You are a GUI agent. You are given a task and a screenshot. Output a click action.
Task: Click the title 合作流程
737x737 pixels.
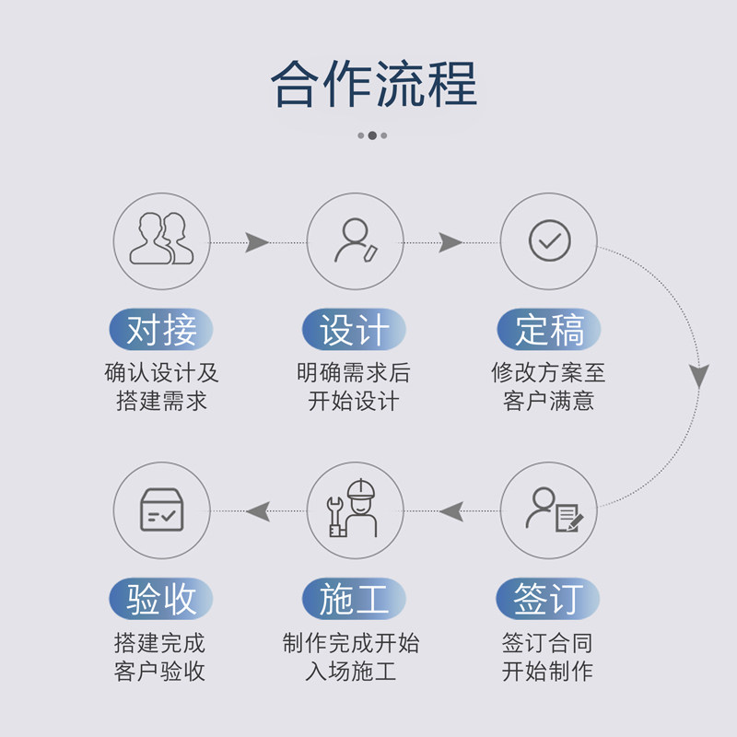[374, 84]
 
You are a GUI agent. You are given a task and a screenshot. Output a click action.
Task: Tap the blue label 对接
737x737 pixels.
[161, 330]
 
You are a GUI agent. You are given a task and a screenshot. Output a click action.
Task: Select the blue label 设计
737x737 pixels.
[355, 330]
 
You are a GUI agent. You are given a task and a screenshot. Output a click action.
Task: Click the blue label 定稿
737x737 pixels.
[549, 330]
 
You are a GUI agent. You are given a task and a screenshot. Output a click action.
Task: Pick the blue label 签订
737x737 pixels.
[549, 600]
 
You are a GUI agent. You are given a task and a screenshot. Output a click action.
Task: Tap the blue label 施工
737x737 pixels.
[355, 600]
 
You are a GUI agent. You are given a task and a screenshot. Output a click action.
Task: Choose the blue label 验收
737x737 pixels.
[161, 600]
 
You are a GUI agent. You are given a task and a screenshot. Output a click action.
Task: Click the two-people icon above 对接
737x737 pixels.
[161, 240]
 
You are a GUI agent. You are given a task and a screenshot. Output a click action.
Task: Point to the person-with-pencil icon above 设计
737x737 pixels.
[355, 240]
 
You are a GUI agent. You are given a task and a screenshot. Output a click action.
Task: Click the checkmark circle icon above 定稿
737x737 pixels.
[549, 240]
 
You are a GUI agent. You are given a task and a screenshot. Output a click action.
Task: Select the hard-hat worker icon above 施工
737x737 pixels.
[355, 509]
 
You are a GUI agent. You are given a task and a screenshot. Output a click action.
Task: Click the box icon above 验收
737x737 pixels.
[161, 509]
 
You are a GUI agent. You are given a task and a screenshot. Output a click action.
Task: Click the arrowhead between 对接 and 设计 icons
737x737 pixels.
[257, 242]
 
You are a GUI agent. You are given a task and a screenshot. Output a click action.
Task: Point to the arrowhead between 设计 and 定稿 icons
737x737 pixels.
[450, 242]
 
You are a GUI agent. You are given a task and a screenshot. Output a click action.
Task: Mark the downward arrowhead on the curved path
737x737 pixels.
[699, 375]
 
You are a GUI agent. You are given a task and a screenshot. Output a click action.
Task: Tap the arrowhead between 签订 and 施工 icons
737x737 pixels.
[450, 510]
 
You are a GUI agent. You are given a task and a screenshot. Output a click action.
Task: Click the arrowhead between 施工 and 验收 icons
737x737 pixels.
[257, 510]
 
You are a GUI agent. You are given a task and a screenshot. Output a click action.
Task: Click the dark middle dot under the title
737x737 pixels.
[372, 135]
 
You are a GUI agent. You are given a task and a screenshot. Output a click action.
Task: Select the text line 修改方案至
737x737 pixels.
[549, 373]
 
